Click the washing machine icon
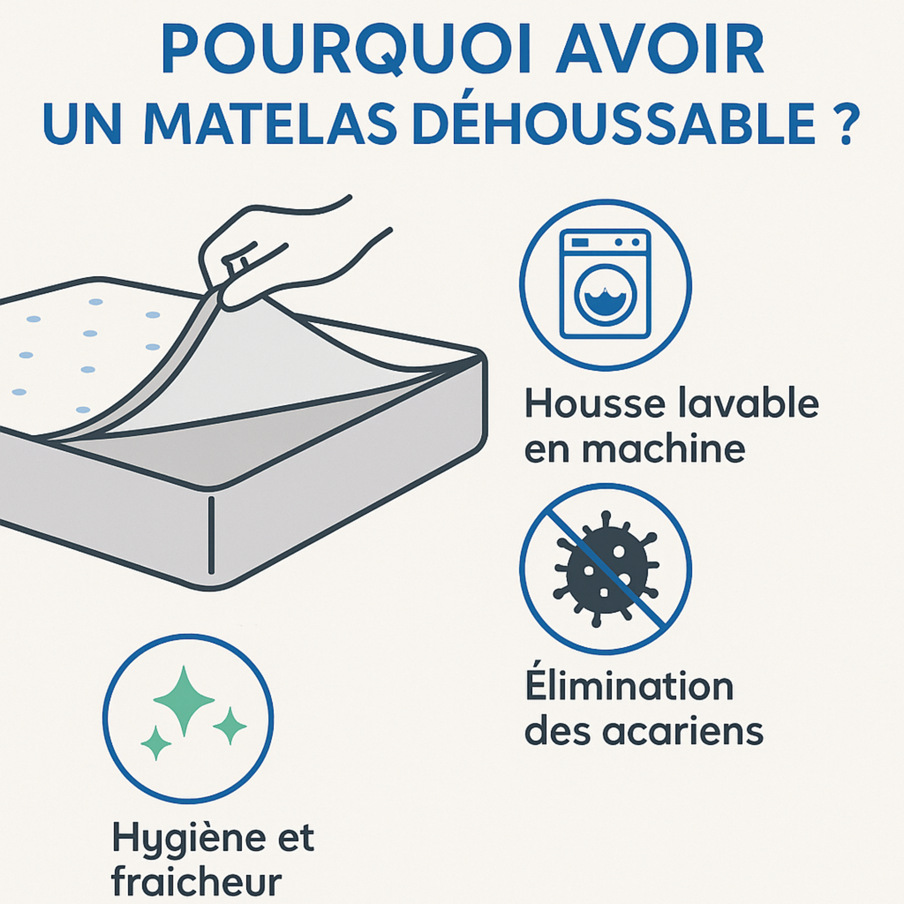(x=605, y=284)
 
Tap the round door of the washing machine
(x=605, y=295)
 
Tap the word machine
(x=663, y=449)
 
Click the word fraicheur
(x=197, y=881)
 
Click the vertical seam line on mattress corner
(x=211, y=534)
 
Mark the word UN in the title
(x=82, y=124)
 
